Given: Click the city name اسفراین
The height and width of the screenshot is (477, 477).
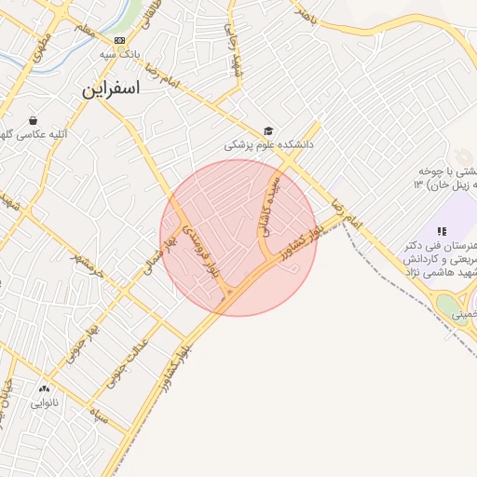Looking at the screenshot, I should tap(110, 90).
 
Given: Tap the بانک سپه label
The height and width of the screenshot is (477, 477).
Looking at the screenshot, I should tap(122, 55).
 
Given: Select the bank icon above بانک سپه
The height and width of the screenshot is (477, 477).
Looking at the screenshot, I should tap(119, 41).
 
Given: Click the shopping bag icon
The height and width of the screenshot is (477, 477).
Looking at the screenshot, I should tap(34, 121).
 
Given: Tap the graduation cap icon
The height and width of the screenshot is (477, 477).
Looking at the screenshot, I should tap(269, 131).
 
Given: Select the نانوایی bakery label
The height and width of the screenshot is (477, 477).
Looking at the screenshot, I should tap(45, 403).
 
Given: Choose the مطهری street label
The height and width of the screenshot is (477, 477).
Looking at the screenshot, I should tap(40, 47).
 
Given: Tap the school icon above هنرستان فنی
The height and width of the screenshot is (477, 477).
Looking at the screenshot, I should tap(442, 230).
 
